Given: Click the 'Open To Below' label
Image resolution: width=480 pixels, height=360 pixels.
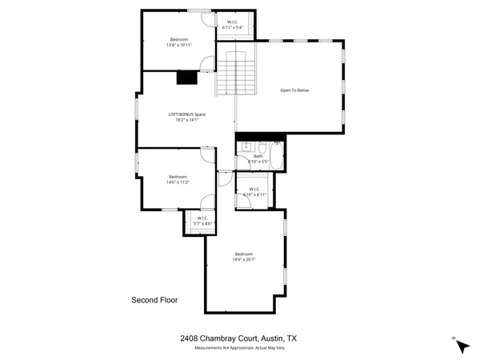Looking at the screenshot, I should [x=294, y=90].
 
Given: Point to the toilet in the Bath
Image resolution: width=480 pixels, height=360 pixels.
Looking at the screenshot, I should [x=262, y=147].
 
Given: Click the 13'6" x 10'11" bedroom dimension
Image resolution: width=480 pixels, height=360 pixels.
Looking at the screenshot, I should [x=178, y=45].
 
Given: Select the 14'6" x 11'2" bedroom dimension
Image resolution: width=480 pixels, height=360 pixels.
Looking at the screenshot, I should [x=177, y=182].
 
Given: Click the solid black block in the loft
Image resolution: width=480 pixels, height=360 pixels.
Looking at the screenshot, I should [x=186, y=78].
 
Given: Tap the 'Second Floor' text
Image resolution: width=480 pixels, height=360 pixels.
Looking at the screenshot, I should [x=154, y=301].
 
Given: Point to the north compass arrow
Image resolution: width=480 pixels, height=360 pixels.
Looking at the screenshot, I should [x=462, y=345].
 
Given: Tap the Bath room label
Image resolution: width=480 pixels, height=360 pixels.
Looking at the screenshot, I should [x=258, y=157].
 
